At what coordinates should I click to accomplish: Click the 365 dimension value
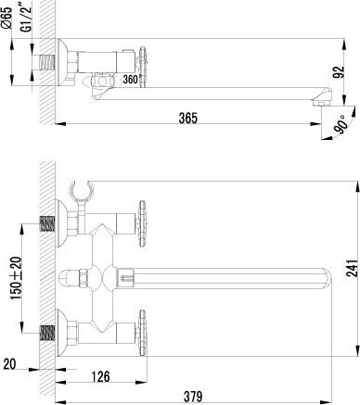(187, 118)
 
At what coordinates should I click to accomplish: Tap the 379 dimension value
(193, 396)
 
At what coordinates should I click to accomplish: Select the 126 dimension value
(101, 376)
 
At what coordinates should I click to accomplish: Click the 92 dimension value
(340, 72)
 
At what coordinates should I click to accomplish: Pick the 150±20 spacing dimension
(16, 278)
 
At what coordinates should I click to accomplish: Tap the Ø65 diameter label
(6, 18)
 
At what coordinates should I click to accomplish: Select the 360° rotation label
(130, 79)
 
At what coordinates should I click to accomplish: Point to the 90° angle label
(341, 124)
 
